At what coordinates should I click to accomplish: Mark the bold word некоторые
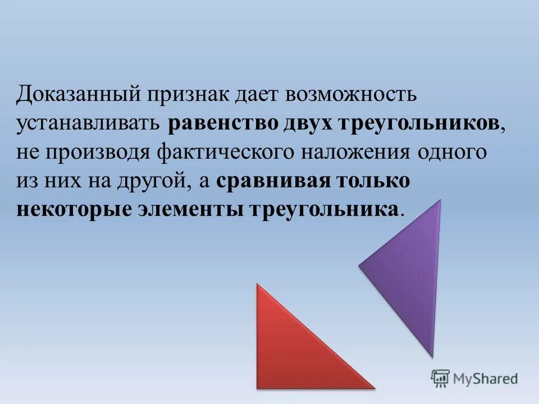(74, 210)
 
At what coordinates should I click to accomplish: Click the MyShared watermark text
(486, 378)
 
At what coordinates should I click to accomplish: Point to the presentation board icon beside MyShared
(441, 378)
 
